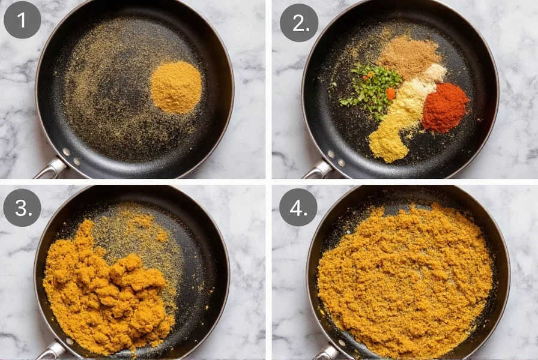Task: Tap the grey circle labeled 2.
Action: pyautogui.click(x=298, y=23)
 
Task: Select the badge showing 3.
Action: pyautogui.click(x=22, y=208)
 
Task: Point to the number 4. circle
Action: pyautogui.click(x=298, y=208)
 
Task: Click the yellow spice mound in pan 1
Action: pyautogui.click(x=176, y=86)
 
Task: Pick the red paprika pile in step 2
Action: pyautogui.click(x=444, y=107)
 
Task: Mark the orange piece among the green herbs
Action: pyautogui.click(x=391, y=94)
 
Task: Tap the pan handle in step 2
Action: pyautogui.click(x=316, y=170)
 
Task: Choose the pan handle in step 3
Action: pyautogui.click(x=51, y=350)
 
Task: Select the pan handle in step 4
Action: pyautogui.click(x=327, y=352)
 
